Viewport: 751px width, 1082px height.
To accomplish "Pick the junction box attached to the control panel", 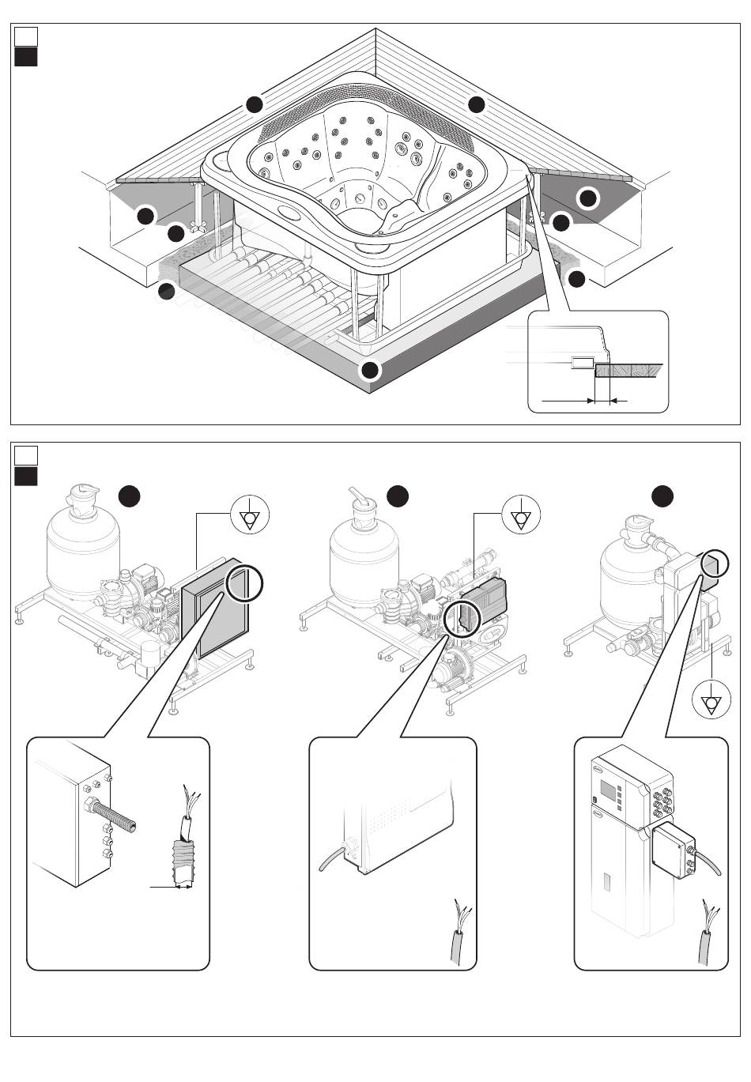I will click(x=671, y=847).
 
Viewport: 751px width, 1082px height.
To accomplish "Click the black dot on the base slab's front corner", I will click(x=370, y=369).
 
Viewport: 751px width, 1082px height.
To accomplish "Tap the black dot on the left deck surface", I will click(x=254, y=104).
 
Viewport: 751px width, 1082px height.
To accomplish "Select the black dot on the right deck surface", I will click(x=476, y=104).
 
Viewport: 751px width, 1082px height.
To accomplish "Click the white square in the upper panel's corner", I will click(x=26, y=36).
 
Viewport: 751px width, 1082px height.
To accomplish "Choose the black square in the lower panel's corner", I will click(x=26, y=476).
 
